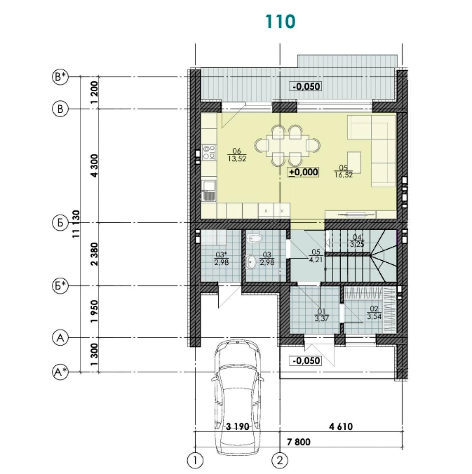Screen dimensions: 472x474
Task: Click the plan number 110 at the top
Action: pos(280,22)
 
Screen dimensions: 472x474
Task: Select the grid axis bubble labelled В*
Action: pos(60,77)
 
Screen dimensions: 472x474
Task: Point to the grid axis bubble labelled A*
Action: pos(60,372)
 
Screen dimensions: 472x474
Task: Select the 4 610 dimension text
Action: pos(341,427)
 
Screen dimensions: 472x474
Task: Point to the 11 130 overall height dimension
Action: pos(76,224)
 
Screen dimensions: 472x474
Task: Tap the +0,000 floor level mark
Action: pos(304,172)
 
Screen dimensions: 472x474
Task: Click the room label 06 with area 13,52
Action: pos(237,155)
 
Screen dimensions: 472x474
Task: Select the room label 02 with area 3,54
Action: pos(374,312)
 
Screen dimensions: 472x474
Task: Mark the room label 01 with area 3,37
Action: pos(322,315)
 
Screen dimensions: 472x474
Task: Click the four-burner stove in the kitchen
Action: pos(209,152)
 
